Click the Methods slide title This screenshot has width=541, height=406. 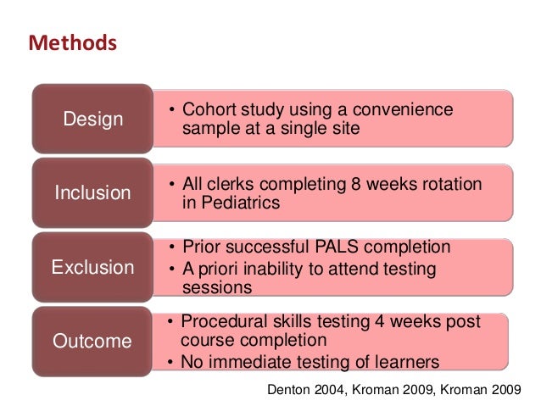click(x=72, y=42)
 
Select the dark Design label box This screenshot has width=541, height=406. click(x=93, y=120)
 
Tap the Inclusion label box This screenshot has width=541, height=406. click(x=93, y=193)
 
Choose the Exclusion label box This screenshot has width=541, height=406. click(x=93, y=268)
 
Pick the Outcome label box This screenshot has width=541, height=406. click(x=93, y=342)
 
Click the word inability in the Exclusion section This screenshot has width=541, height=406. click(x=274, y=268)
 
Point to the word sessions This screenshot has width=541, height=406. click(x=217, y=287)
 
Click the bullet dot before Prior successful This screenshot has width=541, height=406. click(x=171, y=248)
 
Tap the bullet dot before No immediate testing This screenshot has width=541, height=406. click(x=171, y=364)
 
